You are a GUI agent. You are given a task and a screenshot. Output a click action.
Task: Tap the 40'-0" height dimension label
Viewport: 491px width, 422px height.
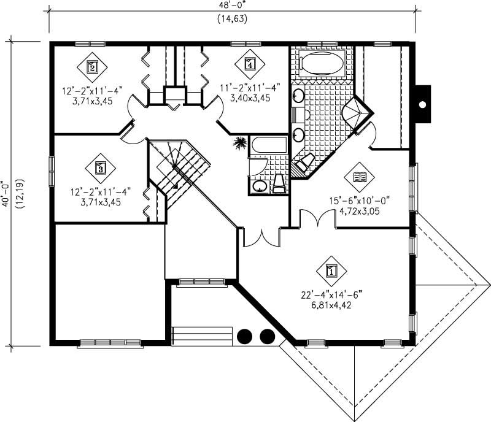6,195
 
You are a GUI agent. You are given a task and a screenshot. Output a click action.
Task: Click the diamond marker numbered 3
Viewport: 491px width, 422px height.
102,166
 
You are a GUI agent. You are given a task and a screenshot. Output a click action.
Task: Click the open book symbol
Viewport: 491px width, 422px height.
358,178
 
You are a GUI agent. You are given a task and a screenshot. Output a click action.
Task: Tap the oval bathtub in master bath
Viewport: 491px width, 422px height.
322,64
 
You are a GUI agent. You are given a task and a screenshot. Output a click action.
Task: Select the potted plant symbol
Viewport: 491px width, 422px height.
239,144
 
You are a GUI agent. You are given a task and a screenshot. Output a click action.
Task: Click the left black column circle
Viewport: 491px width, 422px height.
245,336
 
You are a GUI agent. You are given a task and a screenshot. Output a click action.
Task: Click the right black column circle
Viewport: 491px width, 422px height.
267,336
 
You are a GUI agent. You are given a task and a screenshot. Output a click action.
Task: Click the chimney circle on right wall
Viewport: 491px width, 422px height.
422,104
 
